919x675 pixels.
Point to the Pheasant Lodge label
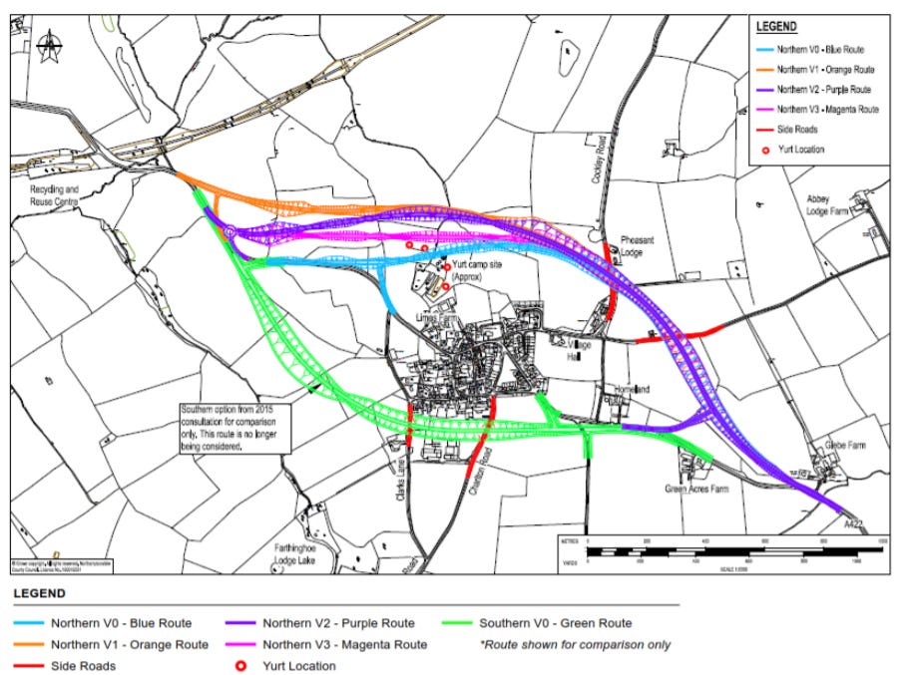(x=638, y=246)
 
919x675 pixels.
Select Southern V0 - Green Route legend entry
(x=555, y=623)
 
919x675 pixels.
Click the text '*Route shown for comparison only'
(x=576, y=644)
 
